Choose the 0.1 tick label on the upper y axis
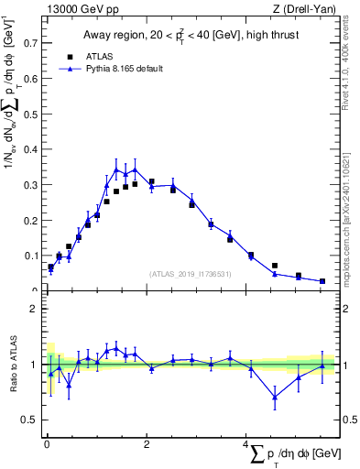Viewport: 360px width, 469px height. coord(30,256)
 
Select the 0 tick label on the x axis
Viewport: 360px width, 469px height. coord(46,443)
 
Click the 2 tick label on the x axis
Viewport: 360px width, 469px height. coord(146,443)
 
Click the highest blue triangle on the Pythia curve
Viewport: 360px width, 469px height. coord(135,169)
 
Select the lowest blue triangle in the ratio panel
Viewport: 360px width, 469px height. coord(274,397)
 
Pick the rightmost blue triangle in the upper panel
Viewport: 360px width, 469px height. coord(322,281)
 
